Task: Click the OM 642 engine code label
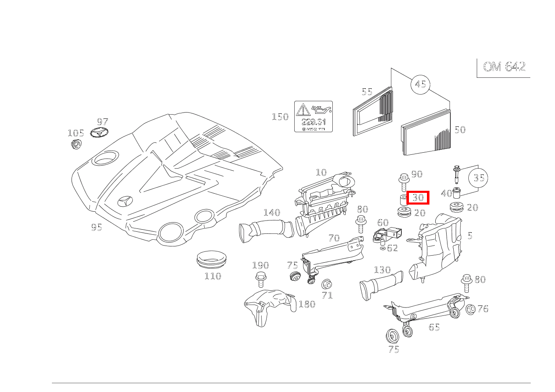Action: click(x=504, y=67)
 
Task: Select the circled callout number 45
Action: click(x=420, y=85)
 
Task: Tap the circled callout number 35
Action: click(x=478, y=178)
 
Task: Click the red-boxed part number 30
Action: click(x=418, y=197)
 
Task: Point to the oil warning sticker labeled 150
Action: click(x=313, y=116)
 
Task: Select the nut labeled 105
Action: click(x=76, y=144)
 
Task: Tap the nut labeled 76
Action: click(x=470, y=309)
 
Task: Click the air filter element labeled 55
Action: click(x=373, y=112)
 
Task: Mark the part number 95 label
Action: click(x=97, y=227)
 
